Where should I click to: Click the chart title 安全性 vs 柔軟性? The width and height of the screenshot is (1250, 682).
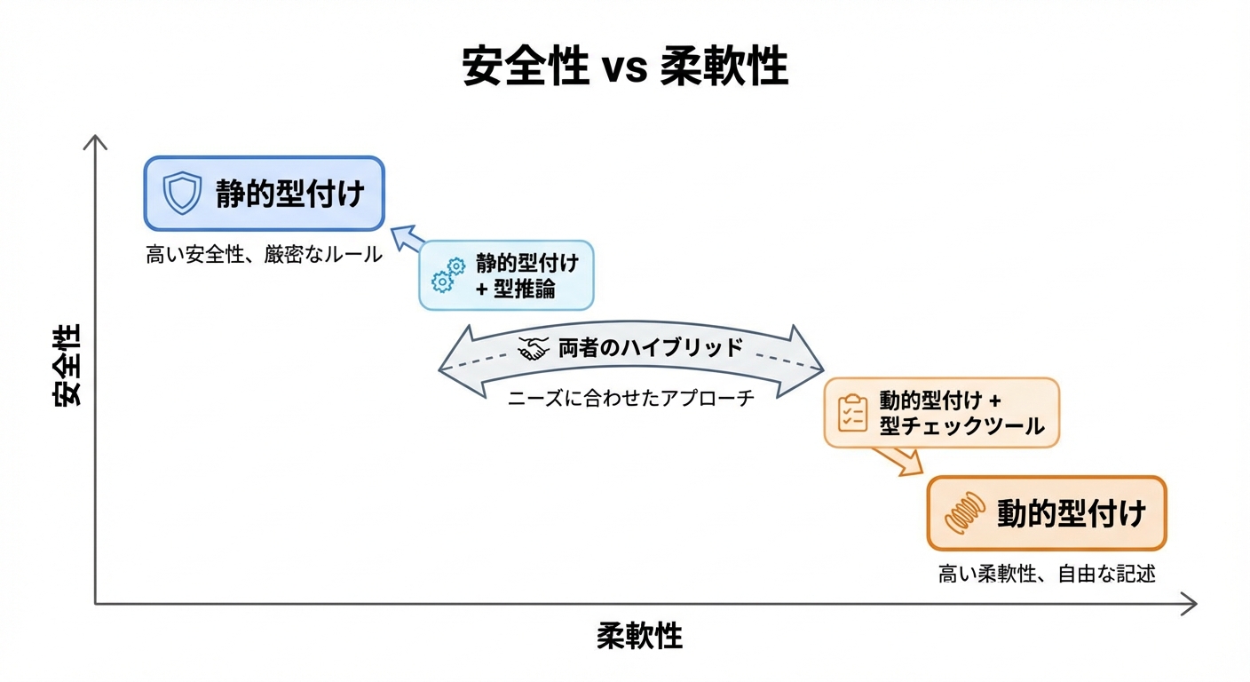[x=625, y=67]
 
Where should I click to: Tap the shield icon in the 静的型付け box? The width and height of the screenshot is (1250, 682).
[x=182, y=194]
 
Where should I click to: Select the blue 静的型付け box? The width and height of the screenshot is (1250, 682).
[x=264, y=194]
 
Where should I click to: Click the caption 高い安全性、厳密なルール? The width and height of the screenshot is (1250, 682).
[x=264, y=255]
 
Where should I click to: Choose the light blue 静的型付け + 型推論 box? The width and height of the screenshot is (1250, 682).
[x=506, y=275]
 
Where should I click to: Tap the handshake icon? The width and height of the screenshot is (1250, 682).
[x=534, y=349]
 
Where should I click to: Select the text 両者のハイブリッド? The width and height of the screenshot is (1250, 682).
[x=650, y=347]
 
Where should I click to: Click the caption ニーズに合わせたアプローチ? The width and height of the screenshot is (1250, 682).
[x=631, y=398]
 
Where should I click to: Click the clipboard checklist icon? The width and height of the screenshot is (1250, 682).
[x=853, y=413]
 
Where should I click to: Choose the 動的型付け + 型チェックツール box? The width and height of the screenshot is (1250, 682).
[x=942, y=413]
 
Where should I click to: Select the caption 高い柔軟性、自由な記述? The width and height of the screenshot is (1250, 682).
[x=1047, y=574]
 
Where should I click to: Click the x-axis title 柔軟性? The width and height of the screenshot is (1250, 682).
[x=639, y=636]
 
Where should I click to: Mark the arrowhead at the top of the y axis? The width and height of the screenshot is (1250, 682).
[x=95, y=141]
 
